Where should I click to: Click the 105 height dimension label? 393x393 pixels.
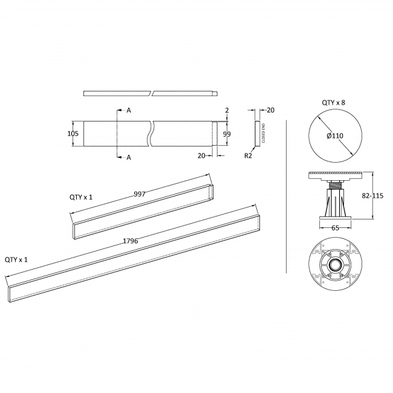pos(73,134)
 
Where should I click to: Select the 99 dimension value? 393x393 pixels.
pos(227,134)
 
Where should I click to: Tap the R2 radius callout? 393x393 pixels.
pos(248,155)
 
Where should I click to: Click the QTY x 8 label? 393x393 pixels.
pos(334,103)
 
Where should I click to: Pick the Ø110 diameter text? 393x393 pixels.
pos(334,136)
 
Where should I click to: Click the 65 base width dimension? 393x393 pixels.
pos(334,229)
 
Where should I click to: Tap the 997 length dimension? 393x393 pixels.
pos(140,194)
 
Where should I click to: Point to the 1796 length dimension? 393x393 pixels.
pos(130,241)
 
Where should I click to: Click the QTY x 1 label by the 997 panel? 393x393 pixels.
pos(81,197)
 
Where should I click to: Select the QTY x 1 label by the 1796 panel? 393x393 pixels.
pos(17,259)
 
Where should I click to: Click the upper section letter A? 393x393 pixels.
pos(129,110)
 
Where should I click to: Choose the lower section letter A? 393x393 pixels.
pos(129,157)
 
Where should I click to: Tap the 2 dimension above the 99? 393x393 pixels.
pos(227,111)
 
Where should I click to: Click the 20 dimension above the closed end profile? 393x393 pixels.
pos(270,109)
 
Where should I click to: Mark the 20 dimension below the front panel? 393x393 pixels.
pos(201,155)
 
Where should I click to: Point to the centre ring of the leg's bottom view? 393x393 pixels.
pos(334,265)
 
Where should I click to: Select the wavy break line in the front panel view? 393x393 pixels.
pos(152,134)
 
